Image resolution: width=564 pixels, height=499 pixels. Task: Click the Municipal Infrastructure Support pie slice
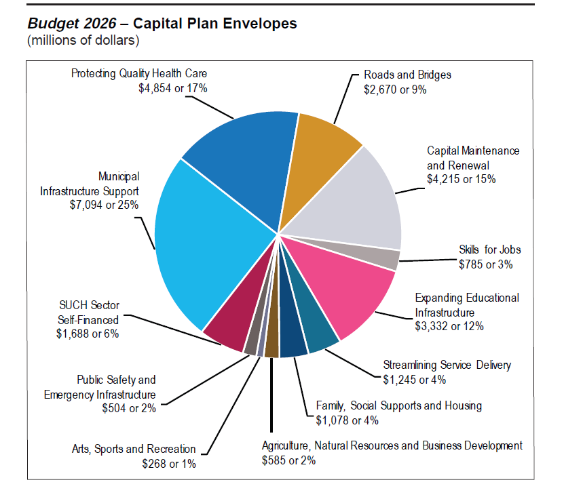(204, 244)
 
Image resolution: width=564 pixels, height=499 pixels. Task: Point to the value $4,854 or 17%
(172, 89)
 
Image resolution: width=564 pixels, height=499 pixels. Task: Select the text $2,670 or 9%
(395, 89)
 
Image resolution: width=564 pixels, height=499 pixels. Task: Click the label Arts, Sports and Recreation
(134, 450)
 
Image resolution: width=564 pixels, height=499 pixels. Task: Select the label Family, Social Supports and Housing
(399, 406)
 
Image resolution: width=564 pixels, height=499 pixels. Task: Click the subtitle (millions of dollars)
(83, 41)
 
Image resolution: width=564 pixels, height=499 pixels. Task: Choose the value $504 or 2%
(129, 408)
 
